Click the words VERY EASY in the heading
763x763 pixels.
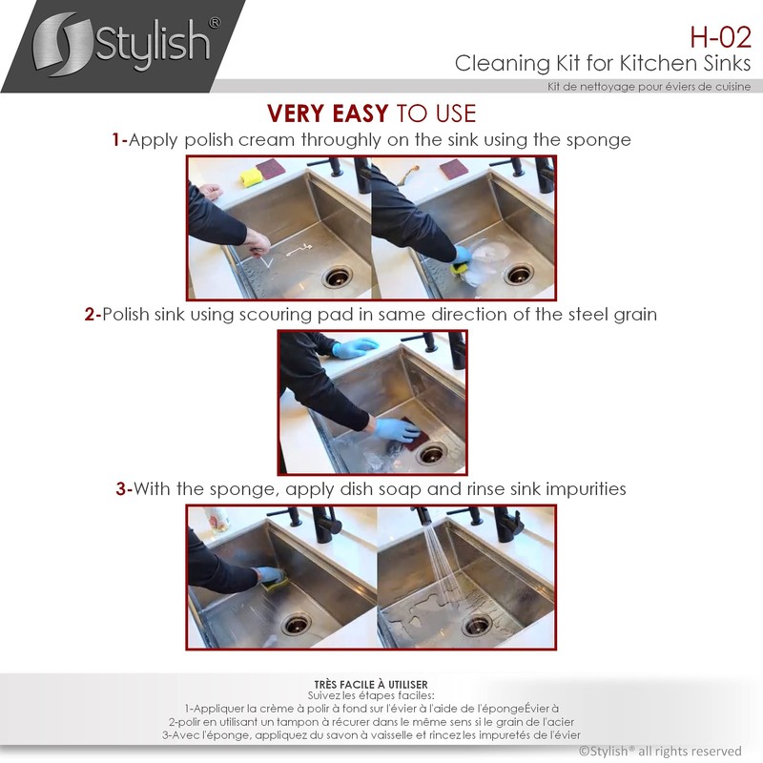point(327,113)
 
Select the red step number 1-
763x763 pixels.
point(119,140)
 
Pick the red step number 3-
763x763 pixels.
point(124,489)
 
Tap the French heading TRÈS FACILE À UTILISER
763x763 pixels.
point(370,685)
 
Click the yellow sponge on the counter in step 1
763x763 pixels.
point(249,177)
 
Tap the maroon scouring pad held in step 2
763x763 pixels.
point(414,433)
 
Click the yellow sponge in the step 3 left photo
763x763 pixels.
point(269,576)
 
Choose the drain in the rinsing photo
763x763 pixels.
point(476,626)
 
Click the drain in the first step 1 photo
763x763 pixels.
point(337,277)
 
